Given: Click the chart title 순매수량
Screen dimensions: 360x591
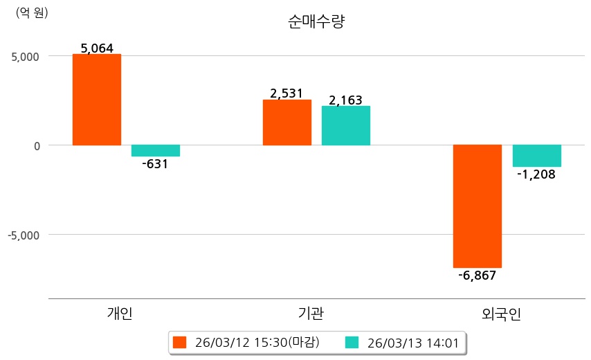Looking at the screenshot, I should tap(316, 21).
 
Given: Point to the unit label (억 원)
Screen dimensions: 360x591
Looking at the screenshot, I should tap(32, 12).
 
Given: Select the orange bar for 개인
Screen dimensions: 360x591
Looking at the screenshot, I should tap(97, 100).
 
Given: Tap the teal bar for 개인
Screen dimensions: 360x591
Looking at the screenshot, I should tap(156, 151).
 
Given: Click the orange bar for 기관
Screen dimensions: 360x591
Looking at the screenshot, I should tap(287, 123).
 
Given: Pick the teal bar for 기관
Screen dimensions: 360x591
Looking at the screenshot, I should tap(346, 125).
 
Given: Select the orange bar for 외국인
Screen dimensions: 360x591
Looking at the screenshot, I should tap(478, 206).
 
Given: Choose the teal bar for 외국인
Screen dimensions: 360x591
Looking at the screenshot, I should tap(536, 156).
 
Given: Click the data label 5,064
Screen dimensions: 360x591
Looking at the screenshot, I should tap(97, 48).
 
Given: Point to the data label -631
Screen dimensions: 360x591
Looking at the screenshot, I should tap(155, 165).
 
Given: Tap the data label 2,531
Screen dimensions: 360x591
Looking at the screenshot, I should tap(287, 93).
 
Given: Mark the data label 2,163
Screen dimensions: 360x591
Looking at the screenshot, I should tap(346, 100).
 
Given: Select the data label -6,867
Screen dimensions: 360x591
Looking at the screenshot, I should tap(478, 276).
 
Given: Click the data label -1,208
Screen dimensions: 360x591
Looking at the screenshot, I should tap(536, 174).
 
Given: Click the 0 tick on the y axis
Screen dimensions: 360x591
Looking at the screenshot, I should tap(36, 145).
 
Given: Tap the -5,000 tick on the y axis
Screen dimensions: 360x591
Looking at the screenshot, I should tap(23, 235).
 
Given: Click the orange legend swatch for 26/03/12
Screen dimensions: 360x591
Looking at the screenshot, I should tap(180, 342).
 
